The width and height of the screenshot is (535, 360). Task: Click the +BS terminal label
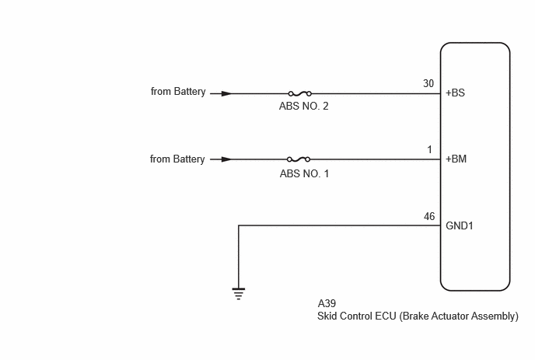click(455, 93)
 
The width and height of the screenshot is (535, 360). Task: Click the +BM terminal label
click(456, 159)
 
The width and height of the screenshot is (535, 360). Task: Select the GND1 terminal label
click(460, 225)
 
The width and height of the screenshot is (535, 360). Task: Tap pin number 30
click(428, 83)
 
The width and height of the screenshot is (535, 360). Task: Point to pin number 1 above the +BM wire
click(429, 149)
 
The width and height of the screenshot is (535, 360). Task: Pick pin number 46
click(429, 216)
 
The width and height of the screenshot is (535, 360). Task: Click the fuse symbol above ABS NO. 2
click(300, 93)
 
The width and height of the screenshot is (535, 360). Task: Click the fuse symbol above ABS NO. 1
click(299, 159)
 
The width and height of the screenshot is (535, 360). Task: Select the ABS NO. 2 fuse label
click(304, 106)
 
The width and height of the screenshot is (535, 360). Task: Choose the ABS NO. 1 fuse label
click(304, 173)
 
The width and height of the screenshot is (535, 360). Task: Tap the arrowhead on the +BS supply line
click(226, 93)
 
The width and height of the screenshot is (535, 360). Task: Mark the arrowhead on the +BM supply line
click(226, 159)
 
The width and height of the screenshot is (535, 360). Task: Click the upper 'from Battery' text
click(178, 92)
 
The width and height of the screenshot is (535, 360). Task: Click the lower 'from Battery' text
click(177, 159)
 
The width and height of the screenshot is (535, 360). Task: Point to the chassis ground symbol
click(239, 293)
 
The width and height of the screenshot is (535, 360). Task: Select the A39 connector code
click(327, 303)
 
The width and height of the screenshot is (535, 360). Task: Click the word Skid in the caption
click(327, 316)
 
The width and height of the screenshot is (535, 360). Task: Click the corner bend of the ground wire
click(239, 225)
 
